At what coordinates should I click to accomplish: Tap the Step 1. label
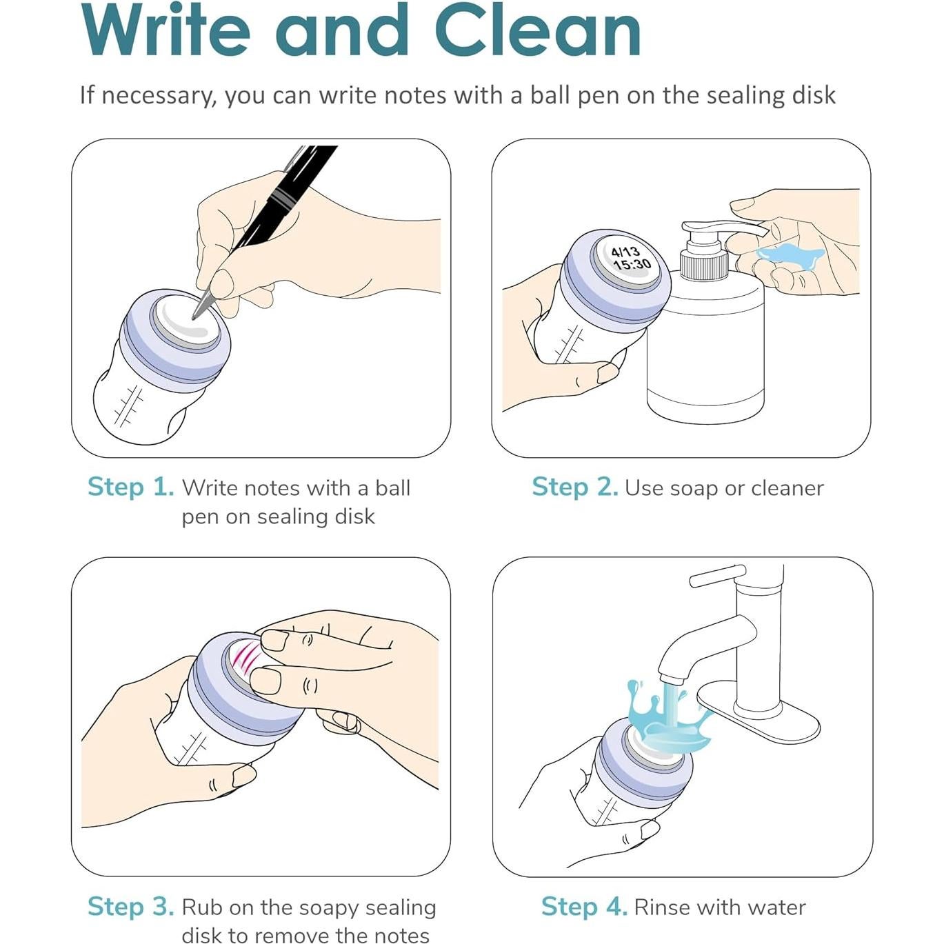(x=130, y=488)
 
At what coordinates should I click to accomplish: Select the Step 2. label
(x=575, y=488)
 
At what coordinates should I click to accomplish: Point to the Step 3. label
(x=130, y=907)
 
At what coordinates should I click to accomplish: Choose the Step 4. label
(x=584, y=907)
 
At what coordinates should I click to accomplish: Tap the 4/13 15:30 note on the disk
(x=630, y=258)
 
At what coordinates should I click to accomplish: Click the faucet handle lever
(x=718, y=575)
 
